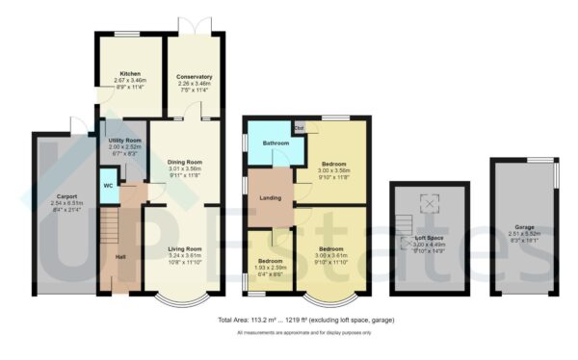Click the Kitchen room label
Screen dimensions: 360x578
(130, 74)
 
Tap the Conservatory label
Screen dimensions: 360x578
(195, 76)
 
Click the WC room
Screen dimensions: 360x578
(107, 187)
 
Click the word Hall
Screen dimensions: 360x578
(121, 257)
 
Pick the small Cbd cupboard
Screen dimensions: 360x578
(300, 127)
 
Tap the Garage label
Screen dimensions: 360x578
(524, 227)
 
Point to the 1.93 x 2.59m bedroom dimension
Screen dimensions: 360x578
(270, 268)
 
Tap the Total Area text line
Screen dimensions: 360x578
(306, 320)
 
